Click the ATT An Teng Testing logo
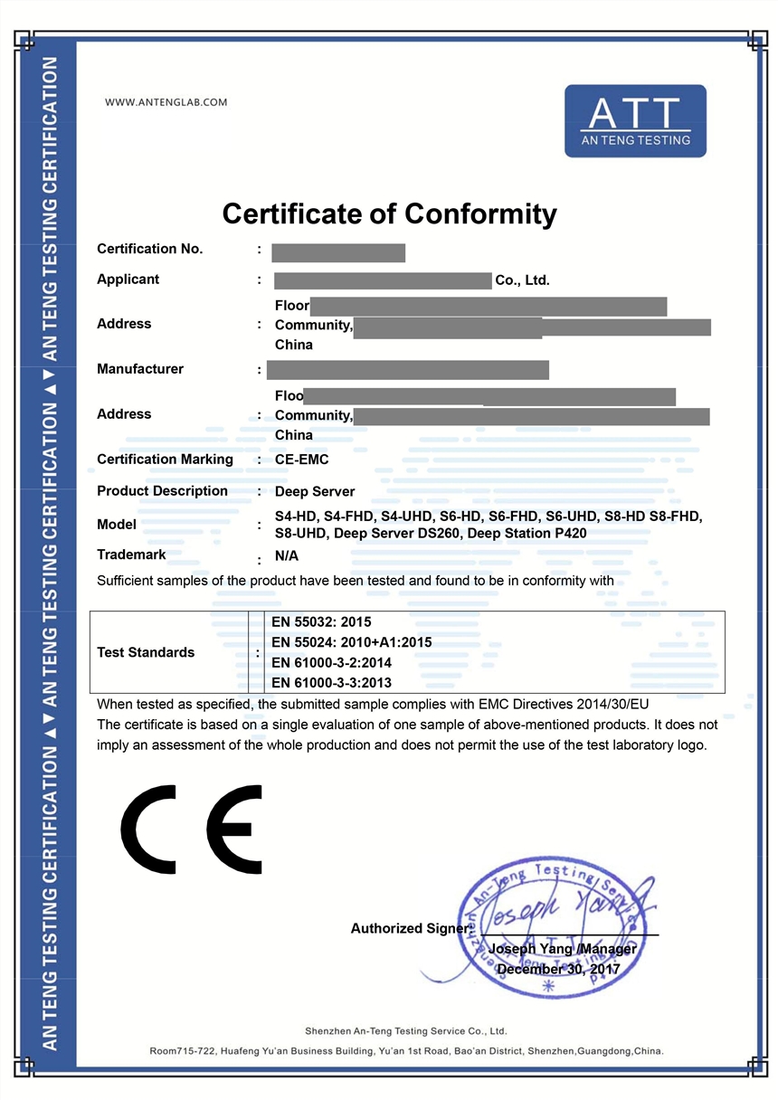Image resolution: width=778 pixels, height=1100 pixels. [635, 121]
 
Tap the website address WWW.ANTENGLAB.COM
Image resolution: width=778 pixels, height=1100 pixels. [166, 102]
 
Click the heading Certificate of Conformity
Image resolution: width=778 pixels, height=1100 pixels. [389, 214]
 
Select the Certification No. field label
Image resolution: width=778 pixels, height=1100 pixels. [150, 249]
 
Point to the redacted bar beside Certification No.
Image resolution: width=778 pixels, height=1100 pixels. [338, 253]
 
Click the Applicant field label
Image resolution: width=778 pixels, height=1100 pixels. [128, 280]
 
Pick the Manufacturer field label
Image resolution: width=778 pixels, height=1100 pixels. [140, 369]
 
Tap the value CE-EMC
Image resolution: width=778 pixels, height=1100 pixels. [301, 460]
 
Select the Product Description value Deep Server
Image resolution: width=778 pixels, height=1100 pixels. [315, 491]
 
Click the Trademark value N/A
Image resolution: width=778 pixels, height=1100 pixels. [287, 556]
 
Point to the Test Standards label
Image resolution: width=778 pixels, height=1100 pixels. [146, 652]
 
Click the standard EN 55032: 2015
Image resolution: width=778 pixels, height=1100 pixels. [321, 622]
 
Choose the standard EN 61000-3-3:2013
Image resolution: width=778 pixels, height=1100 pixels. [331, 683]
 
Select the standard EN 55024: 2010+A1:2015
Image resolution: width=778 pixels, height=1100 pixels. [351, 642]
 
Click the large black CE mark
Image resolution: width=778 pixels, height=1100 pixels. [192, 829]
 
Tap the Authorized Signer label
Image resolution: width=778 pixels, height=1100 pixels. [409, 928]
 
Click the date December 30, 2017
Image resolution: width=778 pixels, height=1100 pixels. [558, 969]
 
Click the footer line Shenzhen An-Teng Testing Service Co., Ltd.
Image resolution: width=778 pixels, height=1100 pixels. [406, 1031]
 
